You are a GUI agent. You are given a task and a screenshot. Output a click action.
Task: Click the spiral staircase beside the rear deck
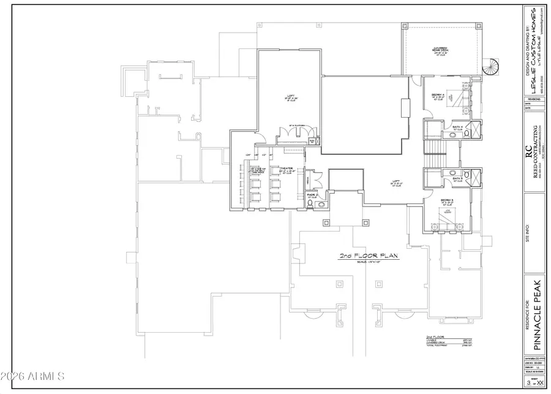point(492,67)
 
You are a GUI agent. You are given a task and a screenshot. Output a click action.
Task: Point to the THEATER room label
point(287,169)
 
